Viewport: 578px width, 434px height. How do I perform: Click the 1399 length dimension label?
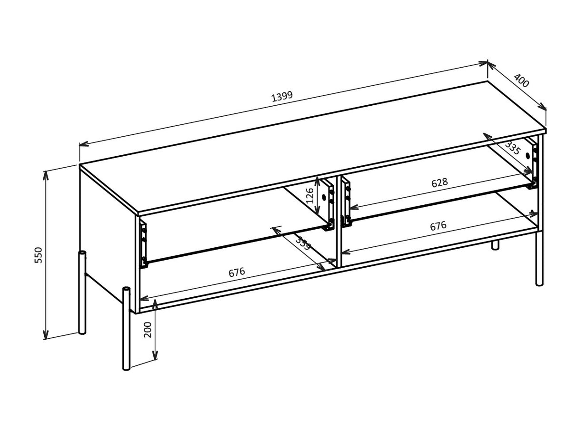[x=282, y=96]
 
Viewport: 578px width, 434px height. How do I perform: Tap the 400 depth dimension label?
[x=521, y=81]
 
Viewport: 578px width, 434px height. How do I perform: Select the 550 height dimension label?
[x=39, y=255]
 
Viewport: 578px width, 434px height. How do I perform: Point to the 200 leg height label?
[x=148, y=329]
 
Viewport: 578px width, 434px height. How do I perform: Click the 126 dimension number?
[x=310, y=195]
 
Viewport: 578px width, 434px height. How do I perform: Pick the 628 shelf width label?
[x=439, y=182]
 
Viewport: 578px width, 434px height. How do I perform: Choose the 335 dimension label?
[x=512, y=148]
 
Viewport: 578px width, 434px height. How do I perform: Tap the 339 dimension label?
[x=303, y=243]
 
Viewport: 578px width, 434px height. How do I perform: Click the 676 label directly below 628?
[x=438, y=226]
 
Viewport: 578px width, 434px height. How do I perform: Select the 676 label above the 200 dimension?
[x=237, y=273]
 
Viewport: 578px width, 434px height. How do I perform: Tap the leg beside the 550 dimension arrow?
[x=82, y=293]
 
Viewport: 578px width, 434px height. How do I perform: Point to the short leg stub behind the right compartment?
[x=495, y=245]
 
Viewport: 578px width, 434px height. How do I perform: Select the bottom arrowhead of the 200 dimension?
[x=155, y=357]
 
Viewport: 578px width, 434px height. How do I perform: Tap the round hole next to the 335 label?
[x=528, y=156]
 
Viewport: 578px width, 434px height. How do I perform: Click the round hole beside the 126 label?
[x=324, y=197]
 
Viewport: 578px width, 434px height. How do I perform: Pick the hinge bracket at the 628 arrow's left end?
[x=346, y=203]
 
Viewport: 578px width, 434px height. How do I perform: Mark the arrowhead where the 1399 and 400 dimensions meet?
[x=488, y=63]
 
